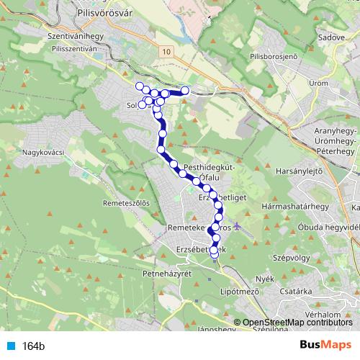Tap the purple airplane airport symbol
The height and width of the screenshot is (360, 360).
point(239,228)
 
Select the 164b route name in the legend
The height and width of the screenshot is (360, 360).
point(33,346)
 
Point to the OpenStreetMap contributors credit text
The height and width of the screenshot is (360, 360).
point(297,322)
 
